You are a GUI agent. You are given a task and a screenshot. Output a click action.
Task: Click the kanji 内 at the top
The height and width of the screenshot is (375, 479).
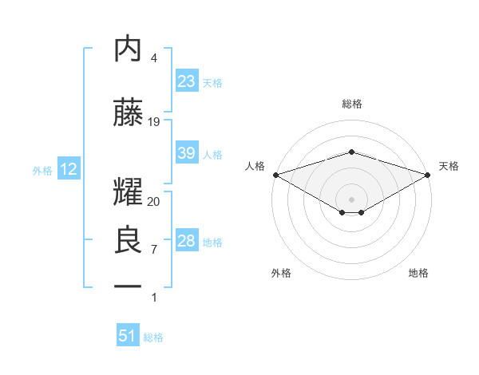pyautogui.click(x=129, y=49)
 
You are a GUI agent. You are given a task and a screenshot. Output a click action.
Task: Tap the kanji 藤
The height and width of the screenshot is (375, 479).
pyautogui.click(x=129, y=113)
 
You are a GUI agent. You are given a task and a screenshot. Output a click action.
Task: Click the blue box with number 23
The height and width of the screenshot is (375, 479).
pyautogui.click(x=187, y=81)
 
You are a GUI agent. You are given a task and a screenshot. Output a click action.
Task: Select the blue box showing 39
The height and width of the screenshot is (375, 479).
pyautogui.click(x=187, y=153)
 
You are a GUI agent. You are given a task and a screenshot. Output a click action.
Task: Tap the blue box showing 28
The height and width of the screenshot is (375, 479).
pyautogui.click(x=187, y=241)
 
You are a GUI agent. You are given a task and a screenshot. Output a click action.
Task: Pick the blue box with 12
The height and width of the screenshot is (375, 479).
pyautogui.click(x=68, y=169)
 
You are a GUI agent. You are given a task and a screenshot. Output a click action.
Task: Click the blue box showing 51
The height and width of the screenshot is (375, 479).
pyautogui.click(x=128, y=336)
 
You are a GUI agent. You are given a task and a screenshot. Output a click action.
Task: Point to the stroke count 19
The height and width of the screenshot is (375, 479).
pyautogui.click(x=154, y=122)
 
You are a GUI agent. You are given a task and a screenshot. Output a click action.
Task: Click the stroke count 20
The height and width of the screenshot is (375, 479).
pyautogui.click(x=154, y=202)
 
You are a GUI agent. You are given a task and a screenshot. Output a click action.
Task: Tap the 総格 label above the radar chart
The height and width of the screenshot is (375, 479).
pyautogui.click(x=351, y=104)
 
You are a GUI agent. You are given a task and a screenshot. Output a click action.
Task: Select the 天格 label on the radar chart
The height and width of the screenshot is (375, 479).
pyautogui.click(x=449, y=166)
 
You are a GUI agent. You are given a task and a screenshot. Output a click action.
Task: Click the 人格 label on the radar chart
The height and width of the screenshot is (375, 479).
pyautogui.click(x=255, y=166)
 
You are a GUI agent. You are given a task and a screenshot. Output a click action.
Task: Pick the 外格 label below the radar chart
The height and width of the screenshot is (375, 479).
pyautogui.click(x=281, y=273)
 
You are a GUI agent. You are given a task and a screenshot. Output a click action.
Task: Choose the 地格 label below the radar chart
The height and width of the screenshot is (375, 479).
pyautogui.click(x=418, y=273)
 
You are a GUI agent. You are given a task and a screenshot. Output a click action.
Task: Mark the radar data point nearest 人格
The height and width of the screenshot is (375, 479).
pyautogui.click(x=275, y=175)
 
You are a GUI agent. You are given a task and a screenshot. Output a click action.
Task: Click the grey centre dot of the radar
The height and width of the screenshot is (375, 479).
pyautogui.click(x=351, y=199)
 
